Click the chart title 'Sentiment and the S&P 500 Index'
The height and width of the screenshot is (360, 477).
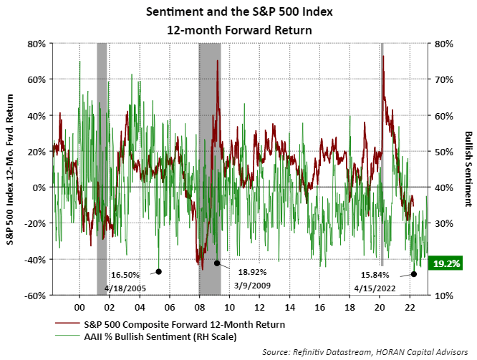tap(238, 12)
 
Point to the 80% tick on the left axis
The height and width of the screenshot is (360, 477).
tap(37, 44)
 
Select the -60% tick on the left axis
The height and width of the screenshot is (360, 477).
tap(36, 295)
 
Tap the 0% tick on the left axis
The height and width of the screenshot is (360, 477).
tap(40, 188)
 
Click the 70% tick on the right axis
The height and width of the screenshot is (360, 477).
tap(442, 79)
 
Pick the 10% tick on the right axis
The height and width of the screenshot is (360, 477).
tap(442, 295)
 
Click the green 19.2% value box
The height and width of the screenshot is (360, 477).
tap(448, 263)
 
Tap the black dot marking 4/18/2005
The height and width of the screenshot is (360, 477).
tap(159, 271)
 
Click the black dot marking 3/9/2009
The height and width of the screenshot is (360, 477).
tap(217, 263)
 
